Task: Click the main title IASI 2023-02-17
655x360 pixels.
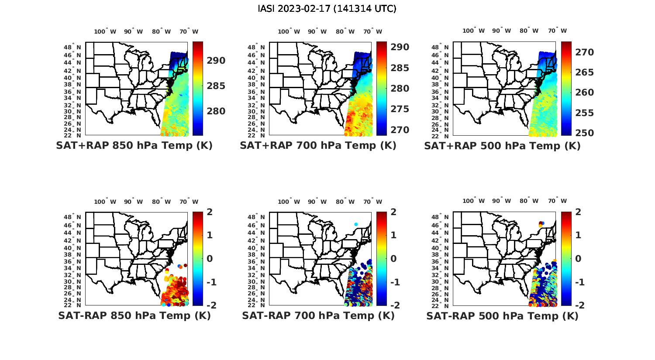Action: click(327, 9)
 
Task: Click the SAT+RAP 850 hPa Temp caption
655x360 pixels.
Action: click(134, 146)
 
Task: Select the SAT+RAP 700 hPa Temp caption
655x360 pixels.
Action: click(318, 146)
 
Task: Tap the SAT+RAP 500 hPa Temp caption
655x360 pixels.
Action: click(502, 146)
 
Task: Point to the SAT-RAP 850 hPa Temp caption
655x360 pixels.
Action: click(134, 315)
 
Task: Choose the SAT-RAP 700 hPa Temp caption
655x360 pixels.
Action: click(318, 315)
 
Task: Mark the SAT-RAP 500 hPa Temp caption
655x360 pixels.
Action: click(502, 315)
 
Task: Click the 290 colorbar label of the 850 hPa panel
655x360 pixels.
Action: click(216, 61)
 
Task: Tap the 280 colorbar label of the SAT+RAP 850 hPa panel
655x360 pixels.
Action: click(216, 111)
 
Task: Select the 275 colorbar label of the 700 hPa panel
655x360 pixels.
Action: click(400, 109)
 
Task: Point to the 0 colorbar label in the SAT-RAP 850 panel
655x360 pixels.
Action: click(209, 258)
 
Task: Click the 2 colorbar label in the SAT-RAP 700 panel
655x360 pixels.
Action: click(393, 212)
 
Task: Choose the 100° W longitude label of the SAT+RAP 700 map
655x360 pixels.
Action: click(289, 31)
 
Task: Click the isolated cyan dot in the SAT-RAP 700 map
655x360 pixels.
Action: click(356, 224)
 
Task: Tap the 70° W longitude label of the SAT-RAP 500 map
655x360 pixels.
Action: click(558, 201)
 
